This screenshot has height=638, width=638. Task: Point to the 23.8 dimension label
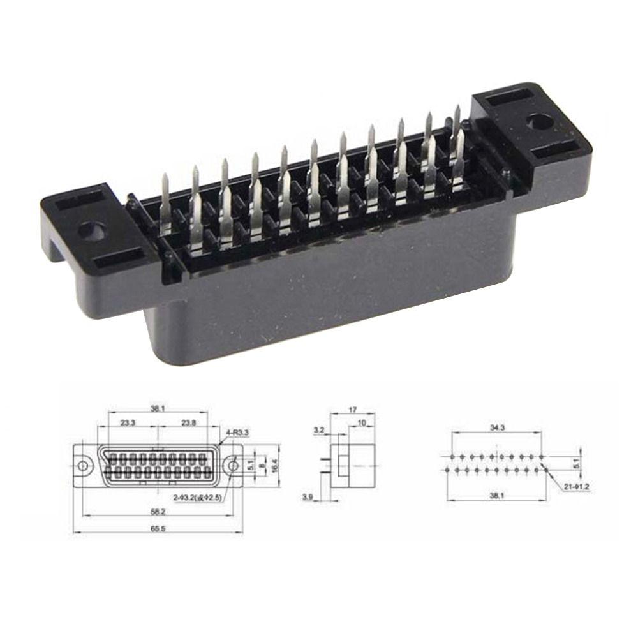(x=188, y=422)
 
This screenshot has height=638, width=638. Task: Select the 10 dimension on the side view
(x=362, y=422)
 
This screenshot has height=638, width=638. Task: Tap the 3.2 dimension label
(x=318, y=431)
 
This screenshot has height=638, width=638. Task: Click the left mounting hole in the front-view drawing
(x=84, y=466)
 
